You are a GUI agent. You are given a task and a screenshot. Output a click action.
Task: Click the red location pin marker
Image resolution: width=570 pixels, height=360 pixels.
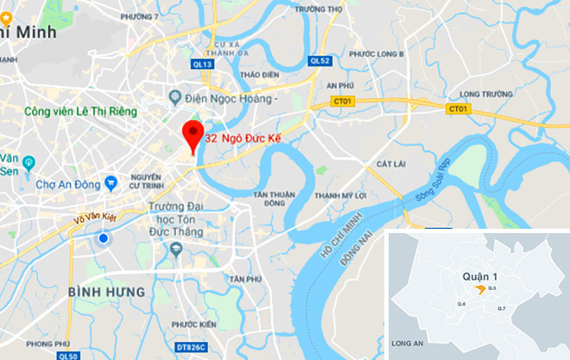tap(192, 136)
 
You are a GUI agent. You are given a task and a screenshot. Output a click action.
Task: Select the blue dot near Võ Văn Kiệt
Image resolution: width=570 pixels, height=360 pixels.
tap(103, 238)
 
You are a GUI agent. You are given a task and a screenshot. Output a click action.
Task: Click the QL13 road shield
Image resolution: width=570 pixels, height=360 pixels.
tap(203, 63)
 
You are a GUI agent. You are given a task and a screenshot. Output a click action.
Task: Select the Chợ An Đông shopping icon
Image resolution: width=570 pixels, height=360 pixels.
tap(111, 183)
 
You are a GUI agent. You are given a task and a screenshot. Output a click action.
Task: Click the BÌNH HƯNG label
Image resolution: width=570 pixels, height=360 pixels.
tap(107, 293)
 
